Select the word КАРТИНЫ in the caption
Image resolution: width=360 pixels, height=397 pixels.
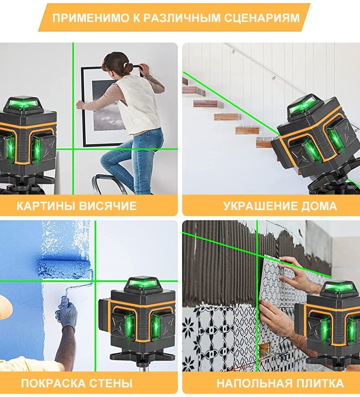tap(46, 206)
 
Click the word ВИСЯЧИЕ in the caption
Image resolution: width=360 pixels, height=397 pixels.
tap(108, 206)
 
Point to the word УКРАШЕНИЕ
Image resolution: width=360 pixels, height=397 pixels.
tap(260, 206)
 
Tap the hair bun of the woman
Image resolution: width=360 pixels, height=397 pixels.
tap(128, 68)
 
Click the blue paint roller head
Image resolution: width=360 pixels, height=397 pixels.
tap(64, 269)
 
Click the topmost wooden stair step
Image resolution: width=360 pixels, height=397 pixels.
tap(186, 81)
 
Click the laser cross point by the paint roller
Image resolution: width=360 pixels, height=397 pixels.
tap(95, 281)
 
